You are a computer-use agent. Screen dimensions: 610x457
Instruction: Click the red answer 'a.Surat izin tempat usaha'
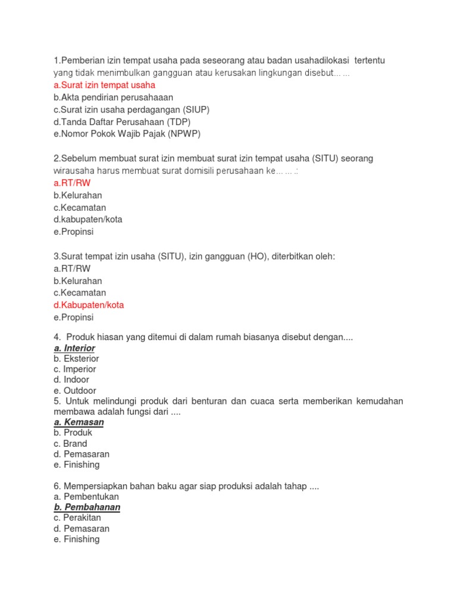pos(104,85)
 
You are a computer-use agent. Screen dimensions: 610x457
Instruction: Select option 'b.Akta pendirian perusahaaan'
pos(113,97)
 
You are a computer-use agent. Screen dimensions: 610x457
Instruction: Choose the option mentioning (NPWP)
pos(127,134)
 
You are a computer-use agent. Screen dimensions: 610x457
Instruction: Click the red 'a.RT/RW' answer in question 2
pos(71,183)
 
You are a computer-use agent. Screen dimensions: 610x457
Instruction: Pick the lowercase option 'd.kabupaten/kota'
pos(87,219)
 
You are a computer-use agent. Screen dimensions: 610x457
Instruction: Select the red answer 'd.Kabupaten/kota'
pos(89,305)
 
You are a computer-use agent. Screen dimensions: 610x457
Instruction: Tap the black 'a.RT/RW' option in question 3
pos(71,269)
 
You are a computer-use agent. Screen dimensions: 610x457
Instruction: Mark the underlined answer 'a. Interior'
pos(74,348)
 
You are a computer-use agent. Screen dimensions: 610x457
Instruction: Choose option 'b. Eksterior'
pos(76,359)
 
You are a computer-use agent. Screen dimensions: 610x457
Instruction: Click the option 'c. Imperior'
pos(76,369)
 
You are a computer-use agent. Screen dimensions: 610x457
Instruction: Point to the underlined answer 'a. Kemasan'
pos(79,422)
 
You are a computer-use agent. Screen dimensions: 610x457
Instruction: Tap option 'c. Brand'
pos(70,443)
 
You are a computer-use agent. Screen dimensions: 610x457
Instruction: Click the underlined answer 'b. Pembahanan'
pos(87,507)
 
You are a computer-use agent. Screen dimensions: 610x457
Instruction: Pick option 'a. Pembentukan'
pos(86,496)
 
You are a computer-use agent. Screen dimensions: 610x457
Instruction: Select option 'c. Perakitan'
pos(77,518)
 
